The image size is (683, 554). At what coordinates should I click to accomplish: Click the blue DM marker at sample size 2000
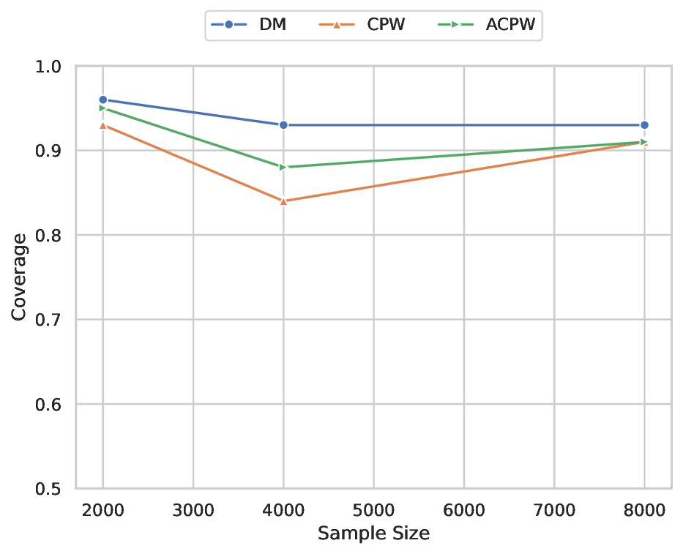(x=103, y=100)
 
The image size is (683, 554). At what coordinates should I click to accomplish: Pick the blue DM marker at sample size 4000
(x=283, y=125)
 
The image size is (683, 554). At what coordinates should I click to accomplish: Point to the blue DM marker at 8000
(x=644, y=125)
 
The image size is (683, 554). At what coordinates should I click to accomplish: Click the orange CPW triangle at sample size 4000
(x=283, y=201)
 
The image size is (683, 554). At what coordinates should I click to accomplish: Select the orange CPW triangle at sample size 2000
(x=103, y=125)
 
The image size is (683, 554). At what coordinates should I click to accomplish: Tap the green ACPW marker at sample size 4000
(x=283, y=167)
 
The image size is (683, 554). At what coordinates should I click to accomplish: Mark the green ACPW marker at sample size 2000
(x=103, y=108)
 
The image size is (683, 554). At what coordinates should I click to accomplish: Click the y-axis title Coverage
(x=20, y=277)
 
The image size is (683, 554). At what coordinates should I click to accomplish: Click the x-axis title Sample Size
(x=373, y=534)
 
